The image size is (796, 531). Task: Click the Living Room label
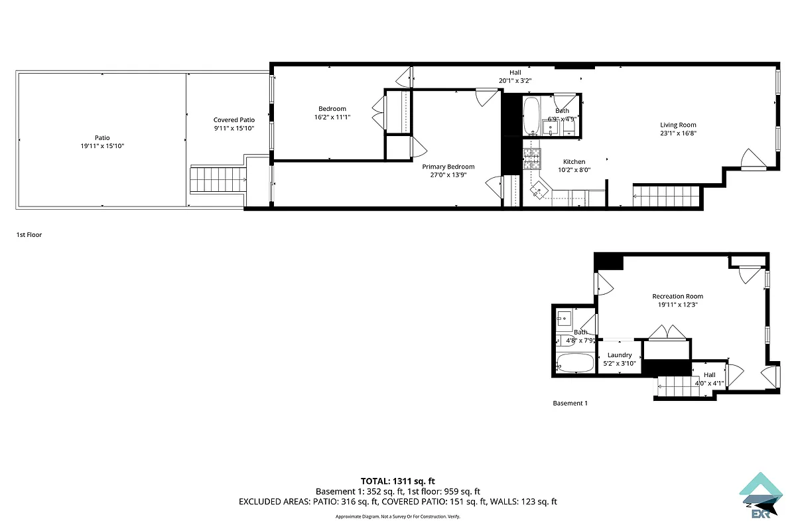pos(678,125)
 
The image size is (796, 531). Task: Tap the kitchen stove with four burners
pos(532,157)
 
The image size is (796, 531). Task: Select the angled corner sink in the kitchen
pos(538,191)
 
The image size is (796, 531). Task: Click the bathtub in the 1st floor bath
pos(531,117)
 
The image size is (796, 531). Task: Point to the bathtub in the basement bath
pos(575,363)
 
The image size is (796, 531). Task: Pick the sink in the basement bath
pos(564,318)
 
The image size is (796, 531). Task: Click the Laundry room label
pos(620,355)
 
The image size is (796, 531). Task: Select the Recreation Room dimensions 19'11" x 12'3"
pos(677,305)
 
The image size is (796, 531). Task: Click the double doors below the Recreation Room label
pos(667,332)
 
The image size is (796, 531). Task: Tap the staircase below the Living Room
pos(666,197)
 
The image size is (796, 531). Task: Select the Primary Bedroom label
pos(448,167)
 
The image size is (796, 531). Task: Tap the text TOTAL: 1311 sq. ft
pos(397,481)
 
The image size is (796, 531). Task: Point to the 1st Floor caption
pos(29,234)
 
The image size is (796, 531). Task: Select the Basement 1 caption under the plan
pos(570,403)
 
